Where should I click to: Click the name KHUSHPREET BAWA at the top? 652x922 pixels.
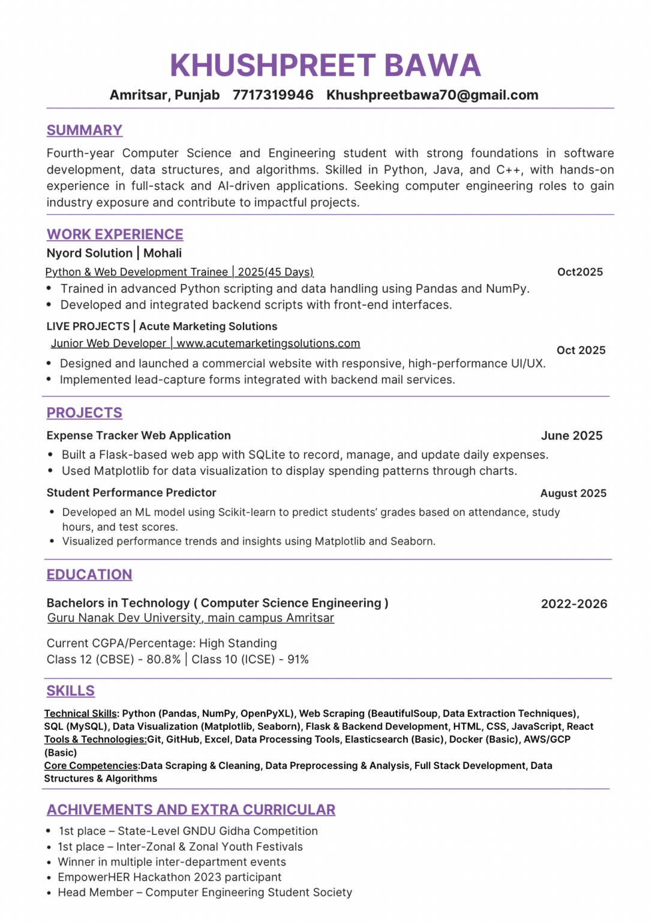click(325, 65)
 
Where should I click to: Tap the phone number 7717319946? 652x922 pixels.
click(273, 95)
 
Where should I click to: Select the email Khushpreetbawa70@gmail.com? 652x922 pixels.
click(432, 95)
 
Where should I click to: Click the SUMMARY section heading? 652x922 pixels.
click(85, 130)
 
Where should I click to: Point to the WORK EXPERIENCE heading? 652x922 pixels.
click(115, 234)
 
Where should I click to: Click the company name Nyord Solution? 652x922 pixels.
click(89, 253)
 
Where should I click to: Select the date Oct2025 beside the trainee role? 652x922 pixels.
click(579, 272)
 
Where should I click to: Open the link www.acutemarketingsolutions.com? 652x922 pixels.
click(268, 343)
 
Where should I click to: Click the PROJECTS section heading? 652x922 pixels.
click(85, 413)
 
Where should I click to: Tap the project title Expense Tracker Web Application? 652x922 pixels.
click(139, 436)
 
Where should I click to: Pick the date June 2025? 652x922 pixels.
click(571, 436)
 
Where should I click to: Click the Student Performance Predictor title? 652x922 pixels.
click(131, 493)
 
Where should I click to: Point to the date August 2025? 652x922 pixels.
click(573, 493)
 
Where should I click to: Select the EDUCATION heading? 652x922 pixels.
click(89, 574)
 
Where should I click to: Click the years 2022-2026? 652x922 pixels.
click(573, 604)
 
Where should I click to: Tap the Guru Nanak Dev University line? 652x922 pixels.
click(191, 618)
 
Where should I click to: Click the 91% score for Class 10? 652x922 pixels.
click(298, 660)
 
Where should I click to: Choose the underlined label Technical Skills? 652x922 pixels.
click(80, 714)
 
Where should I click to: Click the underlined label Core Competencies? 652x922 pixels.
click(91, 766)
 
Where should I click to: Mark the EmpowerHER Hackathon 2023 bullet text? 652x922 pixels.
click(170, 878)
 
